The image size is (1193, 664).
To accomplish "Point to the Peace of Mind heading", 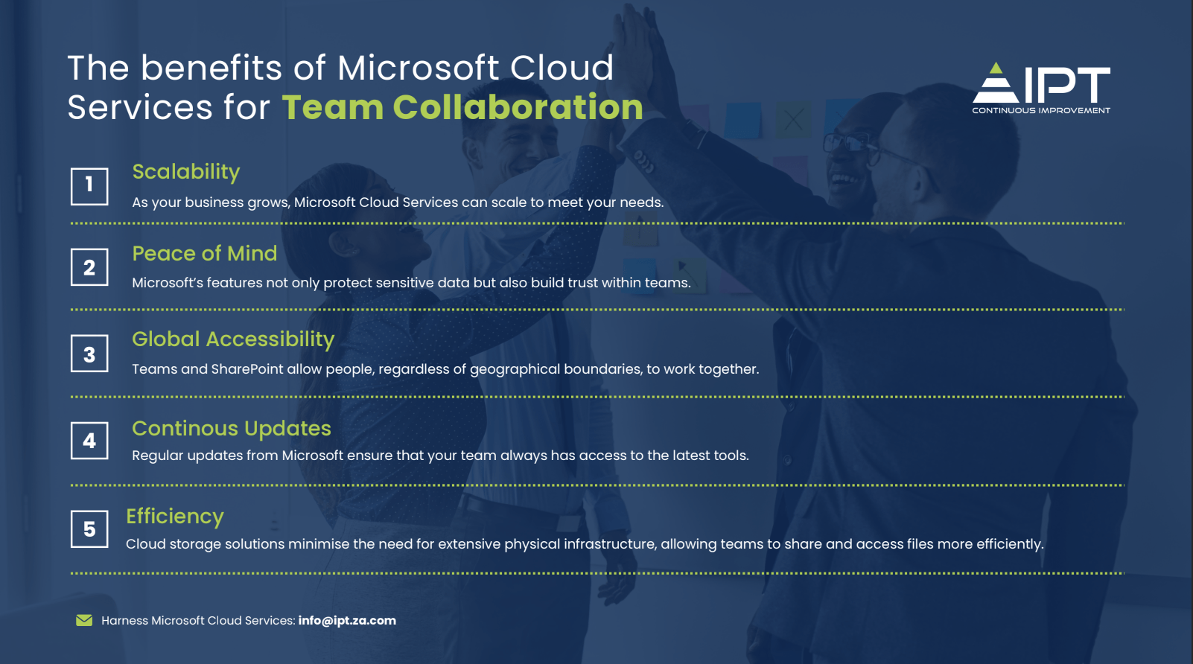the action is [205, 253].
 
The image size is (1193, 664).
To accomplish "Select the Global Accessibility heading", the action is [233, 339].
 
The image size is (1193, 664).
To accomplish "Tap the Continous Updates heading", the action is [232, 428].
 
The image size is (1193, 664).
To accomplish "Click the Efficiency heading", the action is [175, 517].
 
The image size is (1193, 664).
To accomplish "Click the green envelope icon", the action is [84, 620].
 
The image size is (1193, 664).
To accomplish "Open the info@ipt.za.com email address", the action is [347, 621].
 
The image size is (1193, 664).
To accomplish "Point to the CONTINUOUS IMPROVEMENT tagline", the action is [1041, 111].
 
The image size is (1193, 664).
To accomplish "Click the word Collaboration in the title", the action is [518, 107].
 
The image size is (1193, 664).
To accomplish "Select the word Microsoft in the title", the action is [418, 68].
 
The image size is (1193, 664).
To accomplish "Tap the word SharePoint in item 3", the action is [247, 369].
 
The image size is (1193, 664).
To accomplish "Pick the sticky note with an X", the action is [793, 120].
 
